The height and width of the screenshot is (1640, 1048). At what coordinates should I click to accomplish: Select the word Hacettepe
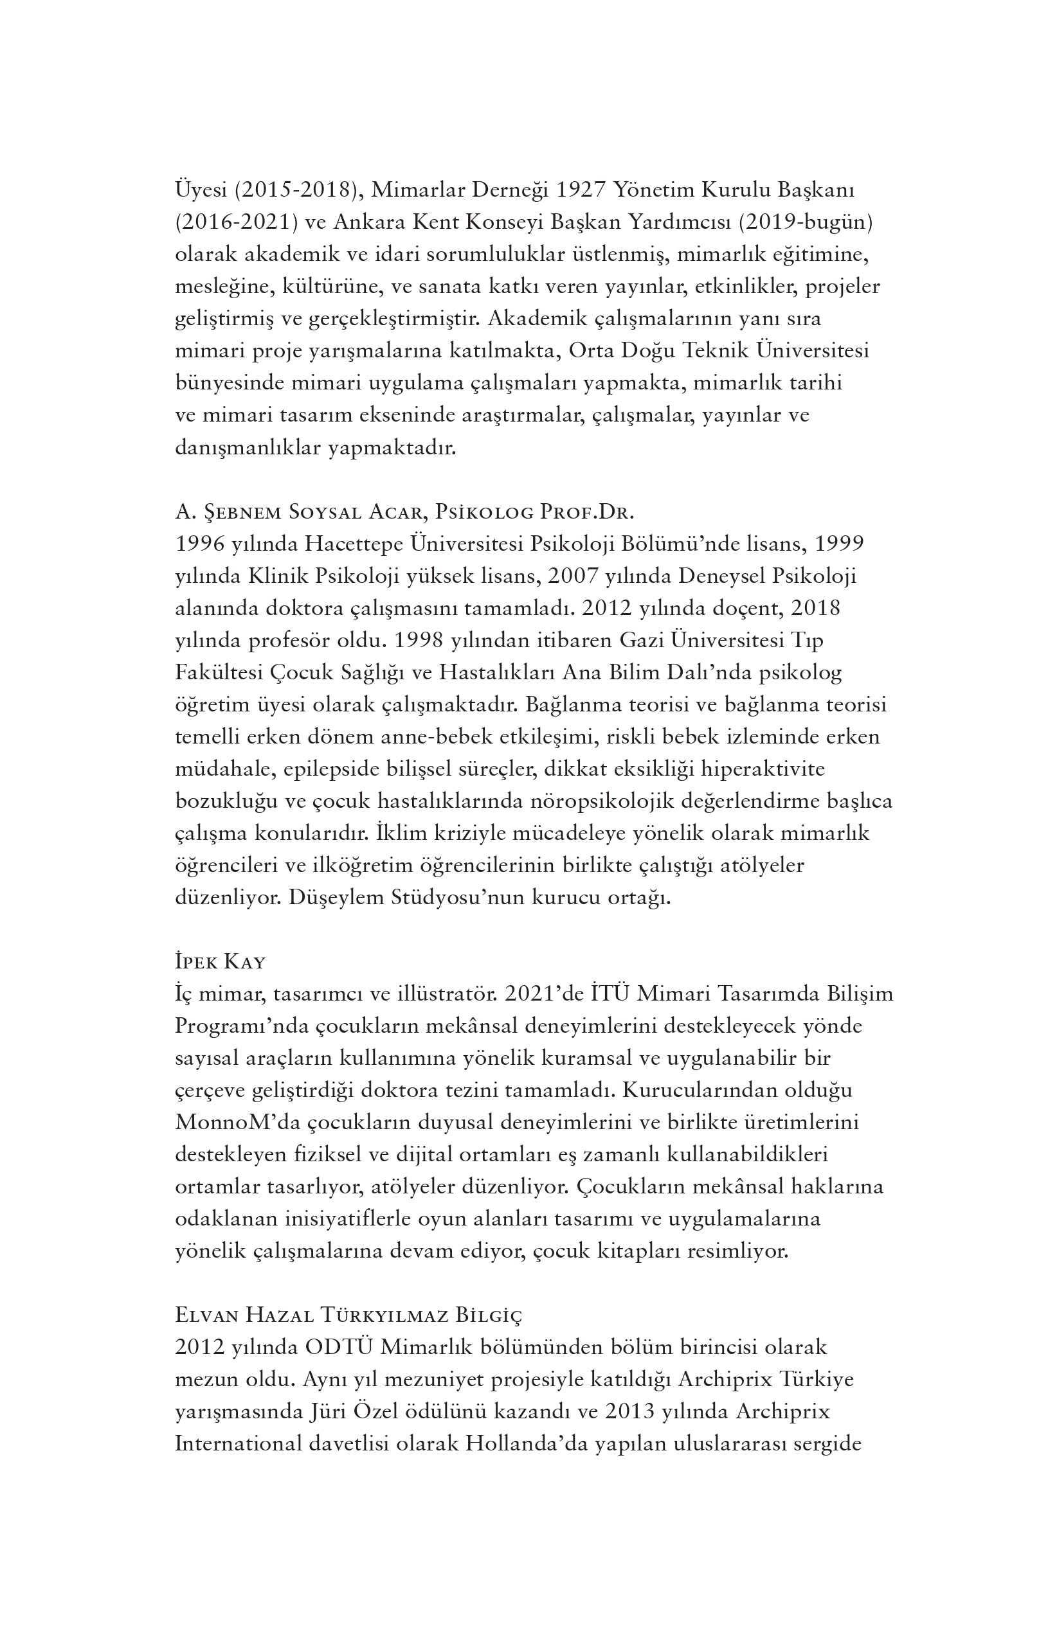(x=354, y=544)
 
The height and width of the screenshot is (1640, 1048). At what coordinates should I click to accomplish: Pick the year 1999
(x=840, y=544)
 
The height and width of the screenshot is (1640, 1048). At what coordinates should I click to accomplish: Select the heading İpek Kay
(x=220, y=962)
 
